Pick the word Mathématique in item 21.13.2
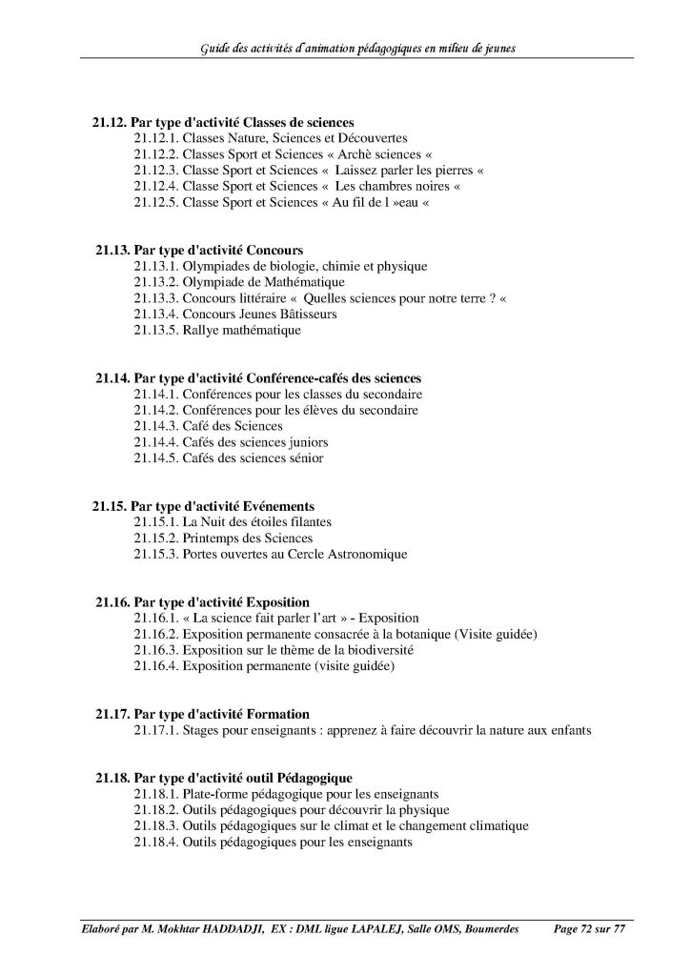[x=295, y=282]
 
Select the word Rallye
[x=200, y=330]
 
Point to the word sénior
[x=303, y=458]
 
